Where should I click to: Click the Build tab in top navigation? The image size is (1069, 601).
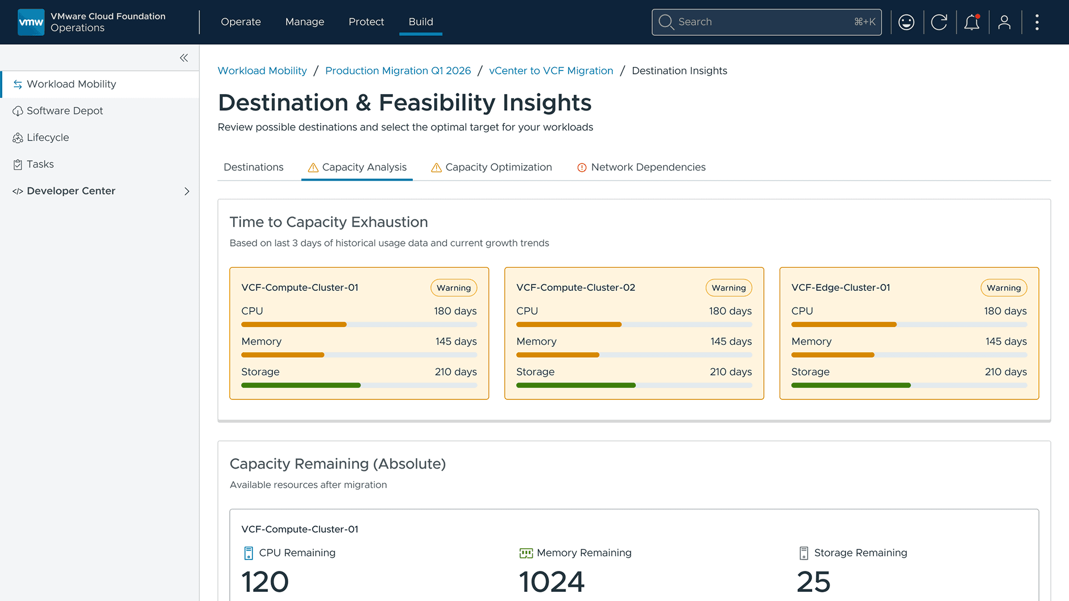pyautogui.click(x=421, y=22)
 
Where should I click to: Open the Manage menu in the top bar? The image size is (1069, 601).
pyautogui.click(x=305, y=22)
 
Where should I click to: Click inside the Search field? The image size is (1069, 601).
pyautogui.click(x=762, y=22)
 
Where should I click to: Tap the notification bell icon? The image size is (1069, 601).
pyautogui.click(x=972, y=22)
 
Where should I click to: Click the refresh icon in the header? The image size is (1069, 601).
pyautogui.click(x=939, y=22)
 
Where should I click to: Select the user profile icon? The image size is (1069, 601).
pyautogui.click(x=1005, y=22)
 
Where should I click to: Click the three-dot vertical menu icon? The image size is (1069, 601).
pyautogui.click(x=1037, y=22)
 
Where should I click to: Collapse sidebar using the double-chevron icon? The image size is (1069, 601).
pyautogui.click(x=184, y=58)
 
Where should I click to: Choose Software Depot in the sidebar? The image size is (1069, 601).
pyautogui.click(x=64, y=111)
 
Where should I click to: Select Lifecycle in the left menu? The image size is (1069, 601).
pyautogui.click(x=48, y=137)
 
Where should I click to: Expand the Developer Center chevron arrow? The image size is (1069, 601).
pyautogui.click(x=187, y=191)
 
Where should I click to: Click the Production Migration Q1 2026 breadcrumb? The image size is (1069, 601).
pyautogui.click(x=398, y=70)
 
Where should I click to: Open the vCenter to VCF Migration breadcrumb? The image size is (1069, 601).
pyautogui.click(x=551, y=70)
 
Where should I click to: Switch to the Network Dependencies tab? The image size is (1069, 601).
pyautogui.click(x=648, y=167)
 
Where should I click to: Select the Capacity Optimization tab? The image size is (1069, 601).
pyautogui.click(x=498, y=167)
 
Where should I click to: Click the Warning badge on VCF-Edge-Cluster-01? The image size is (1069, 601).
pyautogui.click(x=1004, y=288)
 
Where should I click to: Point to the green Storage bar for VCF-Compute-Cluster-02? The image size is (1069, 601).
pyautogui.click(x=575, y=385)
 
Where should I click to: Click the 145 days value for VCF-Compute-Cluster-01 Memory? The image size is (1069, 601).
pyautogui.click(x=456, y=341)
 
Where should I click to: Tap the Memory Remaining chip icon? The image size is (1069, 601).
pyautogui.click(x=526, y=553)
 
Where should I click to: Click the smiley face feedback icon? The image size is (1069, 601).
pyautogui.click(x=906, y=22)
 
